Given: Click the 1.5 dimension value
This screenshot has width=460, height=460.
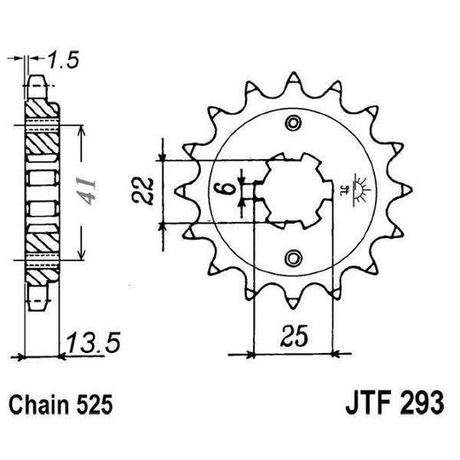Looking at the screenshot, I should coord(64,59).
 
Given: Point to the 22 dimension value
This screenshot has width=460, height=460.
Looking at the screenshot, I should coord(150,188).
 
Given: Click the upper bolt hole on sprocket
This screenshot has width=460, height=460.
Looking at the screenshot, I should coord(291,122).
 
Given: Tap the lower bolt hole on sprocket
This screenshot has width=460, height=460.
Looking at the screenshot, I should coord(291,257).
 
